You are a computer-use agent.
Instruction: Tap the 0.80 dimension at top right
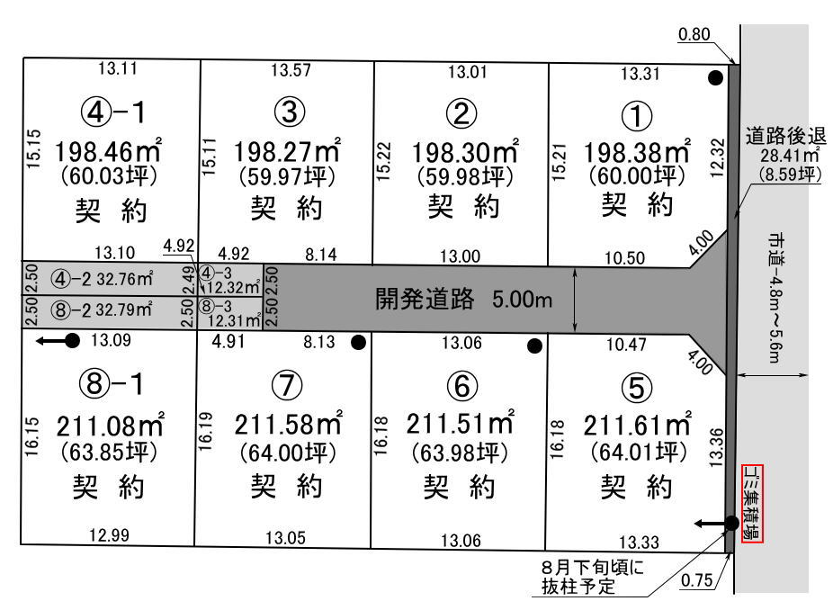(x=694, y=36)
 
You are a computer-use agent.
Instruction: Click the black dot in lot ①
(x=715, y=77)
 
